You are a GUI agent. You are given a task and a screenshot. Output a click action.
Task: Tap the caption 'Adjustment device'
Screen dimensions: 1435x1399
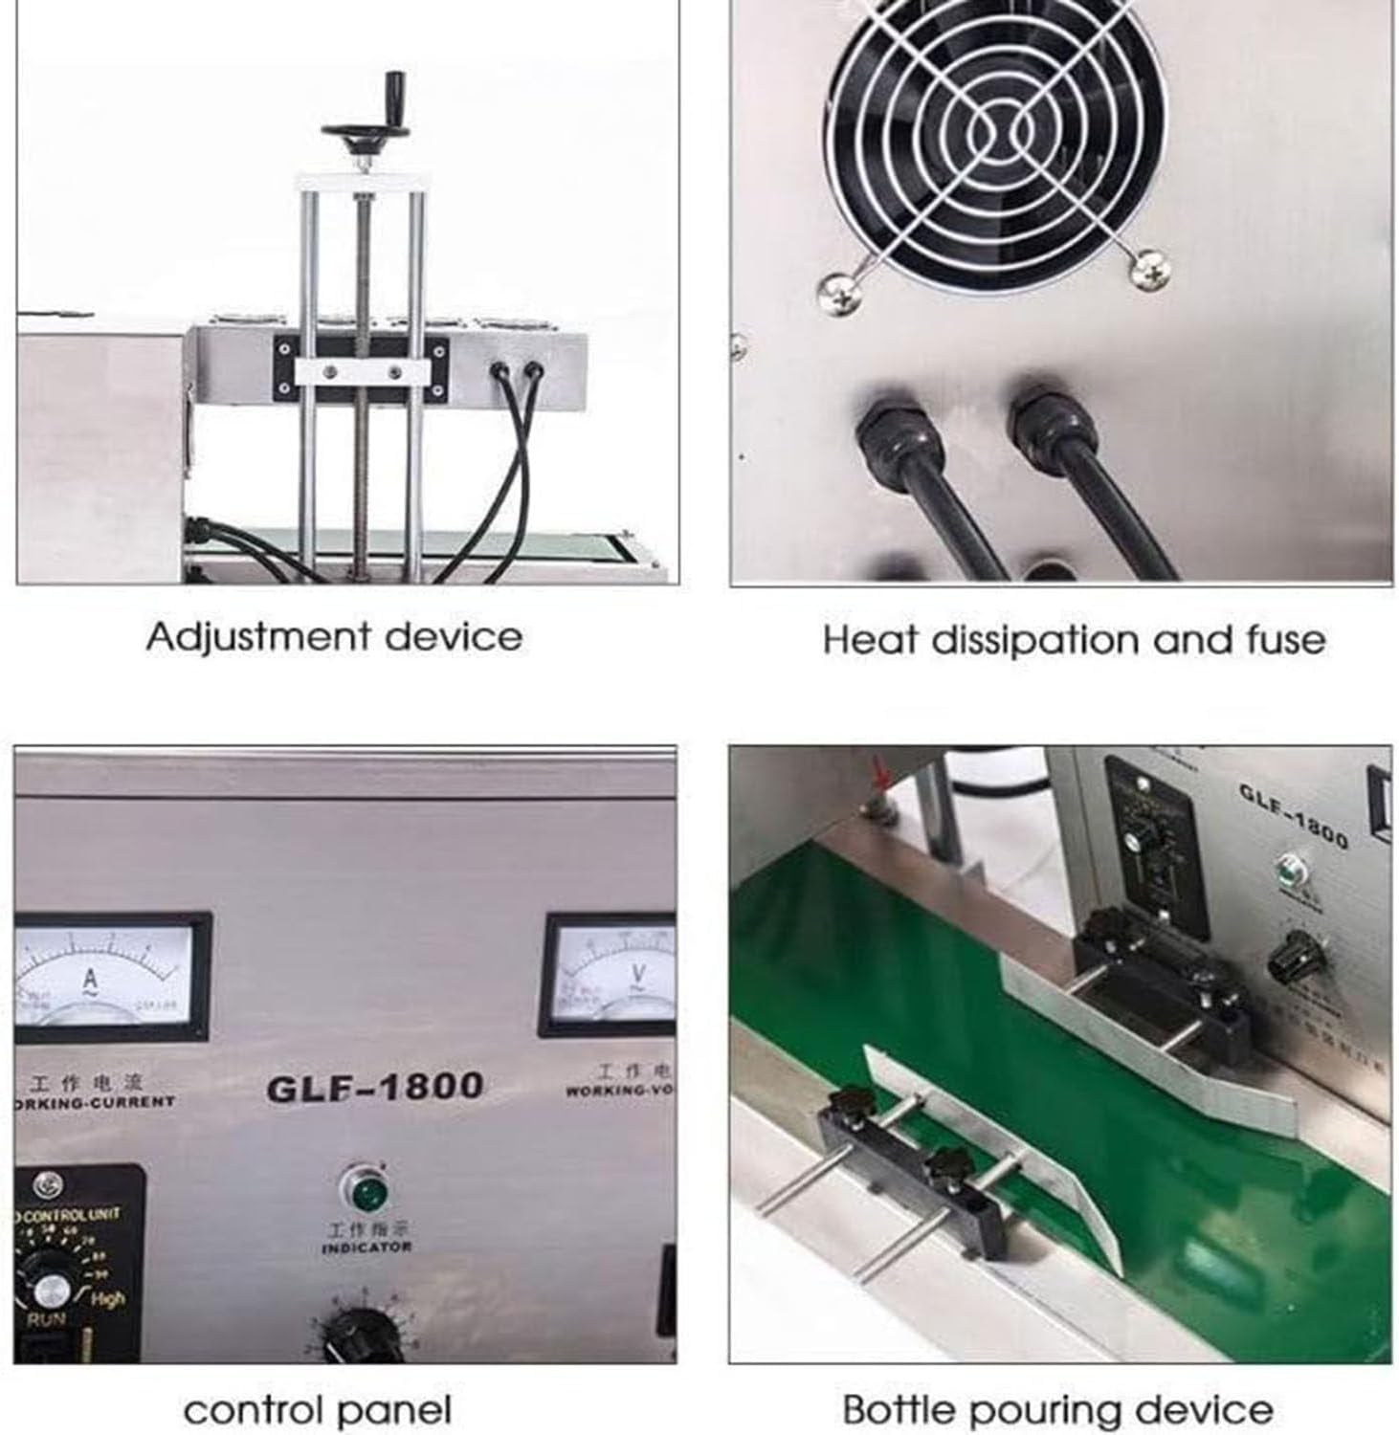334,637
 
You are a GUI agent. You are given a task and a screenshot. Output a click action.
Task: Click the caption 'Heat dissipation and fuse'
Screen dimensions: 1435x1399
1074,639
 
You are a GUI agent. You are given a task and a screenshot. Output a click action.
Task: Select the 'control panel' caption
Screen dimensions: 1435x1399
317,1409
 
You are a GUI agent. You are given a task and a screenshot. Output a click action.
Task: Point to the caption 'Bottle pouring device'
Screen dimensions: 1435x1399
1057,1409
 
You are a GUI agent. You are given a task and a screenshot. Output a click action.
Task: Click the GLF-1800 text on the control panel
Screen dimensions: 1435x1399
374,1086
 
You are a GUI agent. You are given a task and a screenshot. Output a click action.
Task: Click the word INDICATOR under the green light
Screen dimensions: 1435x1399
366,1247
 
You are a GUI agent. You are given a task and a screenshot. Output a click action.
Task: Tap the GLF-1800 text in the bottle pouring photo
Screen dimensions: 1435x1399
1293,815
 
